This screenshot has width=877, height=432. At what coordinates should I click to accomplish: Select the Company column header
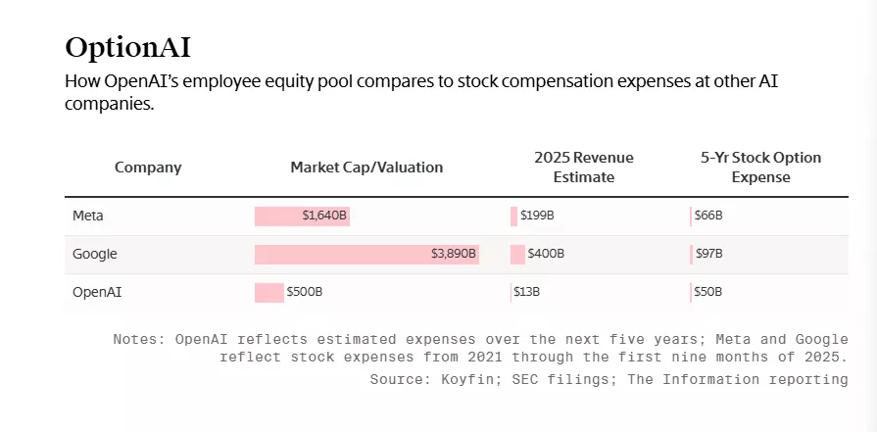coord(148,168)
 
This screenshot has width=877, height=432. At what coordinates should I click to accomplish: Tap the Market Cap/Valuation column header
coord(366,168)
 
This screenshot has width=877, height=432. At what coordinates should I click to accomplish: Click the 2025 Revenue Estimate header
coord(583,168)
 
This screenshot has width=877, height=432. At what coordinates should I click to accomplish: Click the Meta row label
coord(88,216)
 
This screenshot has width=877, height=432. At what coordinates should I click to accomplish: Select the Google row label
coord(95,254)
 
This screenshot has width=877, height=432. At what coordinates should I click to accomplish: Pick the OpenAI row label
coord(97,292)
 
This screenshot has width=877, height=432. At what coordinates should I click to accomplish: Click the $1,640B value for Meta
coord(324,216)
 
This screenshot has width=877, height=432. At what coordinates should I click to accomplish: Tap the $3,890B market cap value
coord(454,254)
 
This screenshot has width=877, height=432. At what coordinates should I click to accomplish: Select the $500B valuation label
coord(305,292)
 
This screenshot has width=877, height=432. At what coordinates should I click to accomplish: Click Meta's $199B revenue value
coord(537,216)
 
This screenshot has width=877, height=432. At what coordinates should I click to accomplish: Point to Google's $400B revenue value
coord(546,254)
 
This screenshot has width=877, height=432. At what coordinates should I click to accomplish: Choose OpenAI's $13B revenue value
coord(527,292)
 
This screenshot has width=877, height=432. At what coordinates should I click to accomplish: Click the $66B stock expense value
coord(708,216)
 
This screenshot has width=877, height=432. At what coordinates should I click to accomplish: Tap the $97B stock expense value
coord(708,254)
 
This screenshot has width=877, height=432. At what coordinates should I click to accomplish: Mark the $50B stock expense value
coord(708,292)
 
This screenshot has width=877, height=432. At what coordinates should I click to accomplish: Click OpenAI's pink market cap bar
coord(268,292)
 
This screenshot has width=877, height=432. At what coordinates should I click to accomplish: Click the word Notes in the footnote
coord(139,340)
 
